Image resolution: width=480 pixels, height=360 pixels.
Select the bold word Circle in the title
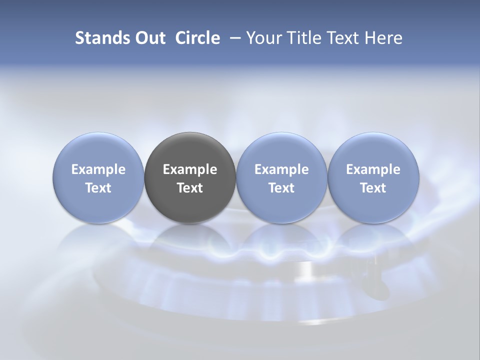[x=197, y=38]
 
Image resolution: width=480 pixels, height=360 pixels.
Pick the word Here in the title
[x=385, y=38]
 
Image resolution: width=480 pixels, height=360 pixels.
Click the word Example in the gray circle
[x=190, y=169]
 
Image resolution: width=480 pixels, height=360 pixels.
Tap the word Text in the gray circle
[x=190, y=188]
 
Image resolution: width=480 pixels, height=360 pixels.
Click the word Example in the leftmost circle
[x=98, y=169]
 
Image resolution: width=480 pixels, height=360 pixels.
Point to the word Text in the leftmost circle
[x=98, y=188]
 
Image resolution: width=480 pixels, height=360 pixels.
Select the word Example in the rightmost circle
[x=373, y=169]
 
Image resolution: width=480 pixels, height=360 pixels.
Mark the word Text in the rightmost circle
[x=373, y=188]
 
